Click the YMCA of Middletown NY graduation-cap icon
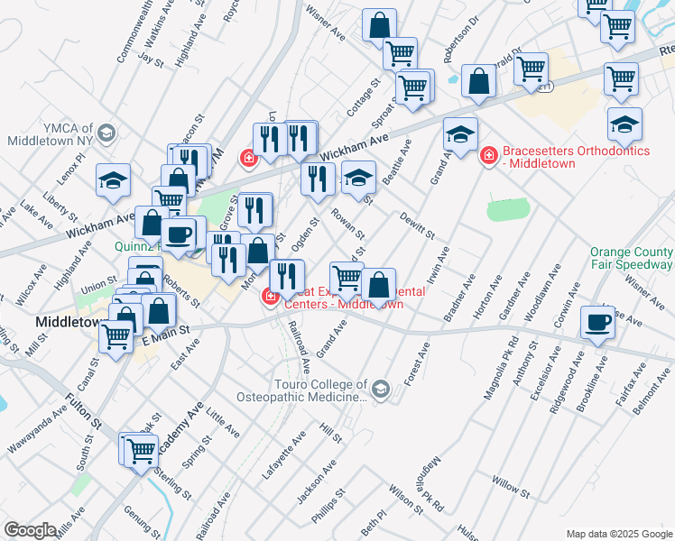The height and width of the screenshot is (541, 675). pos(106,133)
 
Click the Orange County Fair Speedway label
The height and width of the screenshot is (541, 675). pos(631,258)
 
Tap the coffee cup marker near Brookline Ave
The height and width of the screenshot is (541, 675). pos(596,322)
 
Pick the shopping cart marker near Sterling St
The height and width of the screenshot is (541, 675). pos(141,450)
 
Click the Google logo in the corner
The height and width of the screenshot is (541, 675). pos(30,529)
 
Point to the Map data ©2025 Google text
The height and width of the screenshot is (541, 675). pos(618,534)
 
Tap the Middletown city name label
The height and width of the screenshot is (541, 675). pos(66,322)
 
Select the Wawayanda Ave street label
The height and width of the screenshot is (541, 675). pos(37,431)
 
